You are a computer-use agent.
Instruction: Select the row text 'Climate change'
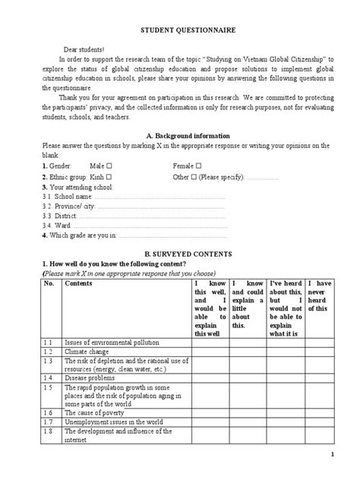tap(87, 352)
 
